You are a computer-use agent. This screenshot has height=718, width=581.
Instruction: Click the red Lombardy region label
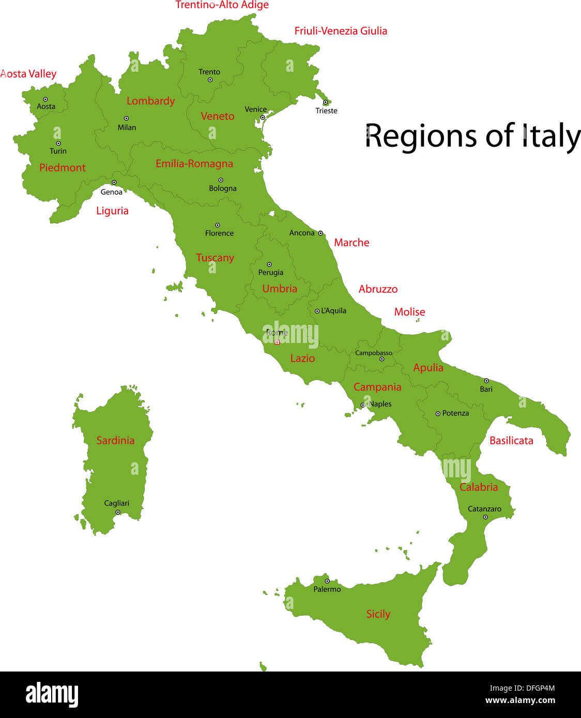[150, 101]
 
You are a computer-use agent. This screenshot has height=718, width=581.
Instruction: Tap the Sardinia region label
[115, 441]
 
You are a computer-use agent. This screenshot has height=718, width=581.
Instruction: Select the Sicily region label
[378, 614]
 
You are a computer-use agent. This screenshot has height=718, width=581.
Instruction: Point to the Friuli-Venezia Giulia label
[341, 31]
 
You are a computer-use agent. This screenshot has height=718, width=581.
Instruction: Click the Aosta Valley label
[28, 74]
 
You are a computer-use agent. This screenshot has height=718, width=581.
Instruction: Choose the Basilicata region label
[511, 441]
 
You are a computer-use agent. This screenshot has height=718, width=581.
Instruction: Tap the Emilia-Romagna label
[194, 164]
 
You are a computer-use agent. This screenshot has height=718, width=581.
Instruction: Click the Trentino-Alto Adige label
[222, 5]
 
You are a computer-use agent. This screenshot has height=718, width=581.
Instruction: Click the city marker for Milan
[126, 118]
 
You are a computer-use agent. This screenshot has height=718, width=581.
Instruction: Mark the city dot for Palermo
[327, 581]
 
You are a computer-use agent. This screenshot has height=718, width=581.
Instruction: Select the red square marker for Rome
[277, 342]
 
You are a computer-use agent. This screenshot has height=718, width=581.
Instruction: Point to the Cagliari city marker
[118, 512]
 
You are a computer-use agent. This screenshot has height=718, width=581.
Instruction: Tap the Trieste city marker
[325, 102]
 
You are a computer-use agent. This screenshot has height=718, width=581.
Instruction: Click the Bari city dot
[486, 381]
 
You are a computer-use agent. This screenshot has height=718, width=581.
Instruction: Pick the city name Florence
[219, 233]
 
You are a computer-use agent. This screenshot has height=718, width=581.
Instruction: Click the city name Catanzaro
[484, 509]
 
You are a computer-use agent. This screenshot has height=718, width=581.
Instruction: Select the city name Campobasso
[373, 353]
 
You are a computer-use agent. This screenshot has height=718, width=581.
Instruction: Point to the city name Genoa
[112, 192]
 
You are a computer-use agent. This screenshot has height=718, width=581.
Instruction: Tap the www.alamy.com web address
[520, 700]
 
